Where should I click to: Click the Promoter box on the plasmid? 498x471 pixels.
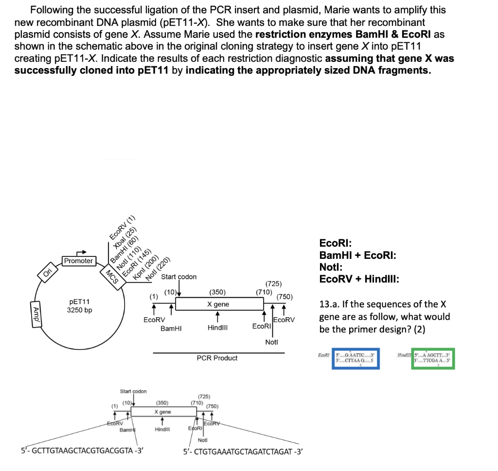[78, 261]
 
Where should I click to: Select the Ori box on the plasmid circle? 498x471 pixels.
[47, 273]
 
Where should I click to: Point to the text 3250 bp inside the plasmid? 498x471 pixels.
[79, 310]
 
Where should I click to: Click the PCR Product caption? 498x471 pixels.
[217, 358]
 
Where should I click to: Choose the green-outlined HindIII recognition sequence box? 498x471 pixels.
[432, 359]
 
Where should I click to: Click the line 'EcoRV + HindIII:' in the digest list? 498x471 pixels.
[359, 279]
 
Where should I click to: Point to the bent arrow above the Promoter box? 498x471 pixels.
[81, 252]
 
